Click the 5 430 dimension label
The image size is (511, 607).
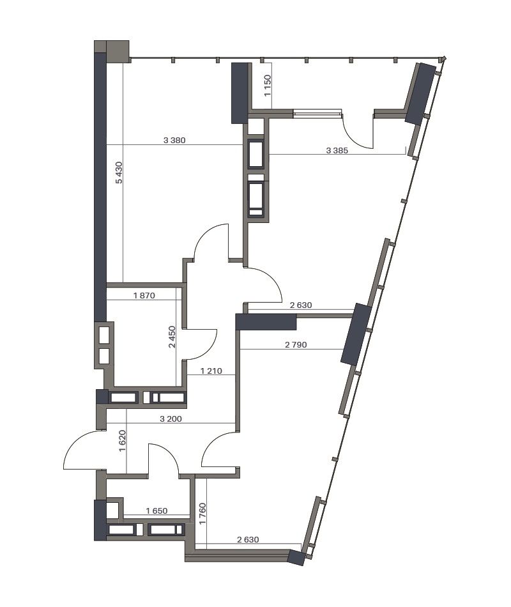119,173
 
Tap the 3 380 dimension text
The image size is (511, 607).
174,140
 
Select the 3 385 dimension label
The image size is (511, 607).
337,151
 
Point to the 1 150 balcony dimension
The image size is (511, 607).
268,86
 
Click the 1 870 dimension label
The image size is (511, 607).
144,295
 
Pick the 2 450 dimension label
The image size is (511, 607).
172,337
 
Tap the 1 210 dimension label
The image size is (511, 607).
211,371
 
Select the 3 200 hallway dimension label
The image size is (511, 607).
171,419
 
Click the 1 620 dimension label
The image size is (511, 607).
123,442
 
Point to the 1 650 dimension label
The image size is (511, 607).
156,511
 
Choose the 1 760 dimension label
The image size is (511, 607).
202,514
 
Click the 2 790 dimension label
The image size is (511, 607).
296,344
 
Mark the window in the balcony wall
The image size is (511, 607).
317,114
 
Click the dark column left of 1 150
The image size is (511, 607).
240,93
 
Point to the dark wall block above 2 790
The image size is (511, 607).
266,321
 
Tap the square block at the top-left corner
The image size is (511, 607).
118,51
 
